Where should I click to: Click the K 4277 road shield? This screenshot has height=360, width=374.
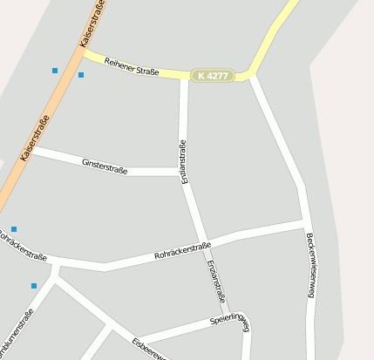coord(212,76)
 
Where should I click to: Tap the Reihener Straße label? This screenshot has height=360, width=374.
coord(132,66)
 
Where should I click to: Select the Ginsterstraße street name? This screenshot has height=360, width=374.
coord(105,166)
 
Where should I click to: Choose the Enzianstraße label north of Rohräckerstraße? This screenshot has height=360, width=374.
coord(184,161)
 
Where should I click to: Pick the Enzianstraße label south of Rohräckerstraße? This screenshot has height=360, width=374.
coord(215,281)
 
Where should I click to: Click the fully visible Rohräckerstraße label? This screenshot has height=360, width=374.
coord(182,251)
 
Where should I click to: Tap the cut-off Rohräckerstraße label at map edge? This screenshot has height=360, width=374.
coord(22,246)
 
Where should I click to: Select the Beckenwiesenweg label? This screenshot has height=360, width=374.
coord(309,265)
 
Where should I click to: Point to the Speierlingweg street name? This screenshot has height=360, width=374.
coord(230,325)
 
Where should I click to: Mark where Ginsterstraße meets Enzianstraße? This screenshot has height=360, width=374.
coord(181,172)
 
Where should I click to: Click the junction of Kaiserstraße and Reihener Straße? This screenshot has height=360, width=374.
coord(84,52)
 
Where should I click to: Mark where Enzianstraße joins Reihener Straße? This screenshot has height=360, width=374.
coord(184,77)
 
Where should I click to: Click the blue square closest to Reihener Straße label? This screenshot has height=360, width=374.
coord(81,75)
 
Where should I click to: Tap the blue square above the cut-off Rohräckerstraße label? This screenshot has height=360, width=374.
coord(14,229)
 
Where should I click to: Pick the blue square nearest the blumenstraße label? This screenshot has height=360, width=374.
coord(34,286)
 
